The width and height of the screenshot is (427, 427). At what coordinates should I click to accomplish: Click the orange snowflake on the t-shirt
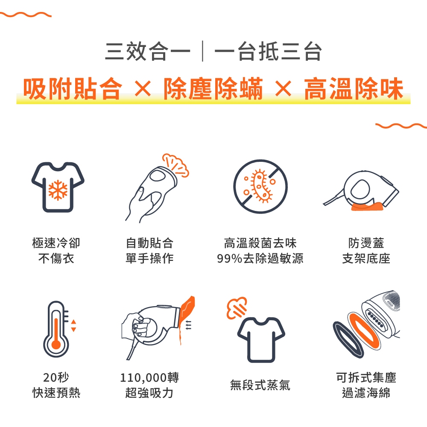[58, 190]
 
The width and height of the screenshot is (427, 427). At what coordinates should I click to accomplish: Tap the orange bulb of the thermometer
[56, 344]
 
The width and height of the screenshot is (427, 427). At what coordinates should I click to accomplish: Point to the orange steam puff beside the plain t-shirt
[237, 308]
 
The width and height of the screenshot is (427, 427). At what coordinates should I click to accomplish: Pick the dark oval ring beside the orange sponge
[348, 339]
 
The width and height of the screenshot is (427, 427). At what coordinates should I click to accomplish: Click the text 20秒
[56, 377]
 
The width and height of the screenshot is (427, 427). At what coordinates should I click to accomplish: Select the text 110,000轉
[149, 377]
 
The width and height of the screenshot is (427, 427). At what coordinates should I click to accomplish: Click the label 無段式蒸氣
[260, 385]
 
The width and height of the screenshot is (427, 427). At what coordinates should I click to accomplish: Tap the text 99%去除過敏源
[260, 258]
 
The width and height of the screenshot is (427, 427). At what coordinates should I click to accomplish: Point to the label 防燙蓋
[366, 243]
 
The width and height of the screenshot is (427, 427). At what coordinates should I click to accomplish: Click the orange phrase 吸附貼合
[73, 88]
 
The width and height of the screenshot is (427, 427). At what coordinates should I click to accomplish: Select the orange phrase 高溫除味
[354, 88]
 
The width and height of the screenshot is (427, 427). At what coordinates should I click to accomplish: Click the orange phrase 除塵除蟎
[213, 88]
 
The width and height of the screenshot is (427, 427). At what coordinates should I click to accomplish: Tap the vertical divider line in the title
[202, 51]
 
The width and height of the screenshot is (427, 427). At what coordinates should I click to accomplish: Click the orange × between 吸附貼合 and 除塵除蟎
[143, 88]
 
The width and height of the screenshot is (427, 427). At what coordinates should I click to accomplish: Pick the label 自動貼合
[149, 243]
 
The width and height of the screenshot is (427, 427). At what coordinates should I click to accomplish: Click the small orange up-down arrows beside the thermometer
[73, 326]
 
